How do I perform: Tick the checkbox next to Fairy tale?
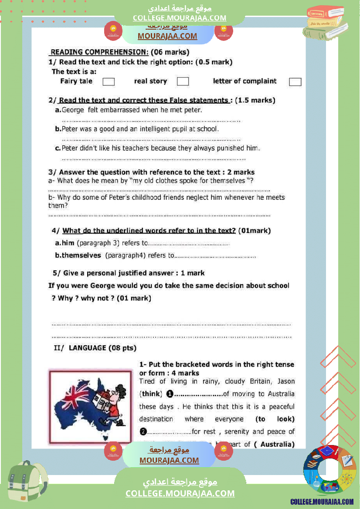coord(109,81)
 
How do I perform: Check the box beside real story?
coord(183,81)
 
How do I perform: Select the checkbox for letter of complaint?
coord(295,82)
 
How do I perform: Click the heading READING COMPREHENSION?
coord(99,52)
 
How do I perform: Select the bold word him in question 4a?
coord(68,243)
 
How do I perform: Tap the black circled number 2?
coord(143,432)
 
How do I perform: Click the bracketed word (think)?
coord(150,394)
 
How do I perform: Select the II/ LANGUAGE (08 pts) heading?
coord(95,348)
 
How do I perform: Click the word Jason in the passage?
coord(286,381)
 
